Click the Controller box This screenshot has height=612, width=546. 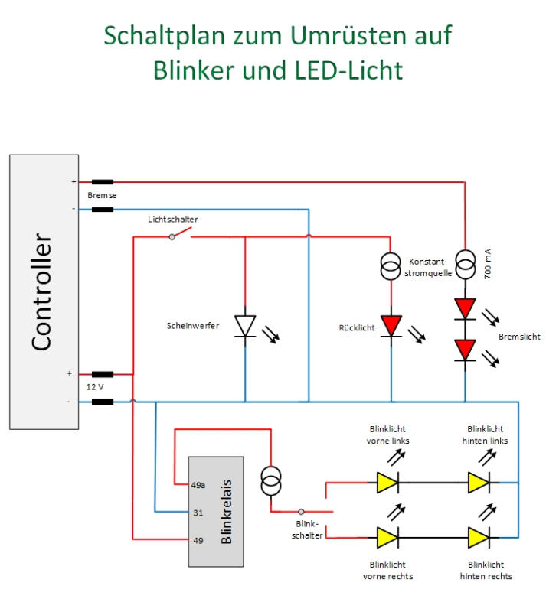point(44,291)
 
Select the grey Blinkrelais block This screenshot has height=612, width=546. point(216,511)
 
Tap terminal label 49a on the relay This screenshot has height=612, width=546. point(198,484)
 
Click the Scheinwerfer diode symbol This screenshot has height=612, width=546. point(245,325)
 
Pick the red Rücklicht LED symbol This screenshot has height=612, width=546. point(391,325)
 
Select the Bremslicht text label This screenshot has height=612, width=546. point(519,337)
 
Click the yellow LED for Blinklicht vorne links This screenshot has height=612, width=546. point(387,483)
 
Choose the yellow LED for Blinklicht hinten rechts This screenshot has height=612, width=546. point(479,538)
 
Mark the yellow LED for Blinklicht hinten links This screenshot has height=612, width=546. point(479,483)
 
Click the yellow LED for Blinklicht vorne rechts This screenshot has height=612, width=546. point(387,538)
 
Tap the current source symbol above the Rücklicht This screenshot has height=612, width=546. point(391,265)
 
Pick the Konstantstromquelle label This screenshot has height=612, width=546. point(430,266)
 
